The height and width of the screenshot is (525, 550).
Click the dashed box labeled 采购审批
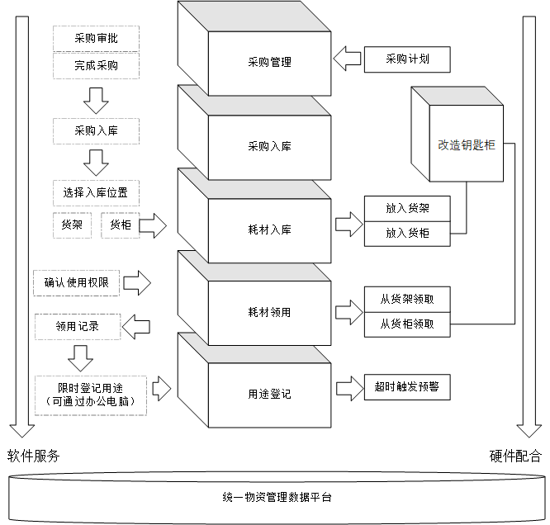[x=96, y=38]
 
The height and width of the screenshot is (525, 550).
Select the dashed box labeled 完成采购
[x=96, y=64]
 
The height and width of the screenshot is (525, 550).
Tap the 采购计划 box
[x=407, y=59]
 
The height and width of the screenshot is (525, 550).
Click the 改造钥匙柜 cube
[x=467, y=144]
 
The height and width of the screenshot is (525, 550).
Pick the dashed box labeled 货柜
[x=120, y=225]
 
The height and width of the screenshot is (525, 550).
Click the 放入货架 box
[x=407, y=209]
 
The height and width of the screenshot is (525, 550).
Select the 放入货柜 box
[x=407, y=234]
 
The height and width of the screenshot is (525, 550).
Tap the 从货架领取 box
[x=407, y=300]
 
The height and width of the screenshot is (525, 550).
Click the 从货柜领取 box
[x=407, y=324]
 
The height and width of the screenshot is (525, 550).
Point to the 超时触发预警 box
[x=407, y=387]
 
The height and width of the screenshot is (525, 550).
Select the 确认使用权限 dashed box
[x=77, y=283]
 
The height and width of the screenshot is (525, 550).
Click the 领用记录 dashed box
[x=77, y=326]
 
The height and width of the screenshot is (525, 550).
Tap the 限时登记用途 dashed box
[x=90, y=394]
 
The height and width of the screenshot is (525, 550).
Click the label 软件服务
[x=33, y=456]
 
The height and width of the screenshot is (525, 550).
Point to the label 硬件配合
[x=516, y=456]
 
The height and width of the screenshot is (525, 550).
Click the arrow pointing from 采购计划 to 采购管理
[x=347, y=59]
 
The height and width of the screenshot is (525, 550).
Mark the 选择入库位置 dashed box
[x=96, y=193]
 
